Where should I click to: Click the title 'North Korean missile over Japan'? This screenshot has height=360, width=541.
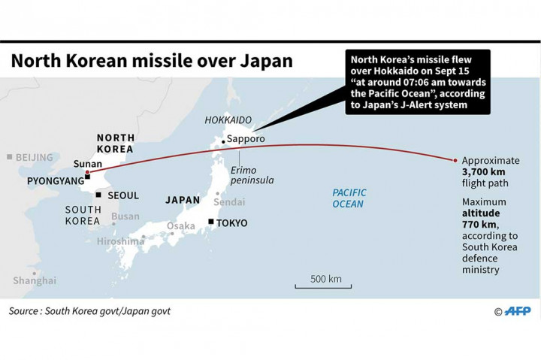point(151,61)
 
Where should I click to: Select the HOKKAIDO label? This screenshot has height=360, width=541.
point(228,119)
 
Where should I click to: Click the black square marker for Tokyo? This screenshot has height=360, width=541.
point(212,222)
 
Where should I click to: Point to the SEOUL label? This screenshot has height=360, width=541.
point(123,195)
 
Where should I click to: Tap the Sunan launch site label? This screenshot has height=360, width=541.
point(87,164)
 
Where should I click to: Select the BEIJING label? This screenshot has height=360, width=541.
point(35,157)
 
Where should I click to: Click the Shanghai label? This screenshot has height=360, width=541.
point(35,280)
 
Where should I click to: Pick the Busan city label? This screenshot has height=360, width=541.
point(125,216)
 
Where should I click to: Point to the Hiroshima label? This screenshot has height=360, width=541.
point(120,241)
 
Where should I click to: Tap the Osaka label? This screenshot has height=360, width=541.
point(181,226)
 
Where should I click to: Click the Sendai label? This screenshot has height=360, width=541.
point(230,202)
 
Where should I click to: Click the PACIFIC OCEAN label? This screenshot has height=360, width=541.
point(349,198)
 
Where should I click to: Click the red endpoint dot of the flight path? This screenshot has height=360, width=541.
point(455,160)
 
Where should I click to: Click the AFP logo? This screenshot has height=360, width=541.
point(517,311)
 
